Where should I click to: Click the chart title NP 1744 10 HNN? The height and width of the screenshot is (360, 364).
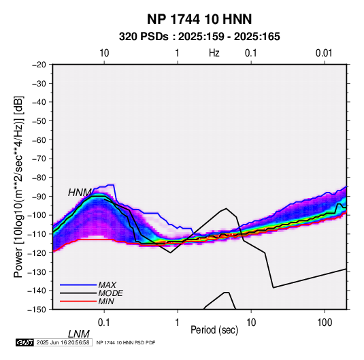(199, 19)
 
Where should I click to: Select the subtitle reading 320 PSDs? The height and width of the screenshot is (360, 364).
(144, 37)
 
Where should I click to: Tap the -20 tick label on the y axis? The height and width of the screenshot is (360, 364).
(39, 65)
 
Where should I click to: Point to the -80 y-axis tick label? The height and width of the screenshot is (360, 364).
(39, 178)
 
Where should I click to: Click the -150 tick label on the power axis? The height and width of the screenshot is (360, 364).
(37, 310)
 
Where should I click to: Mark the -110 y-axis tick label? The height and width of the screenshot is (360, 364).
(37, 234)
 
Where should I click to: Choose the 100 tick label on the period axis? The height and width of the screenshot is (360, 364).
(325, 323)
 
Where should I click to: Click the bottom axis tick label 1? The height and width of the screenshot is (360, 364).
(178, 323)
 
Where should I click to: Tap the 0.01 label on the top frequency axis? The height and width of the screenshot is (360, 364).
(324, 53)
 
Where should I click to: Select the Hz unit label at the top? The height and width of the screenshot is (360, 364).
(214, 53)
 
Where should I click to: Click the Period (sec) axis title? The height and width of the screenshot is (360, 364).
(214, 330)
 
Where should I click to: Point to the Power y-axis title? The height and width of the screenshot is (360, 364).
(18, 186)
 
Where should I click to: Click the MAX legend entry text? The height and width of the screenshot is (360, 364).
(107, 284)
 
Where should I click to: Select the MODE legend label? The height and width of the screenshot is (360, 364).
(110, 293)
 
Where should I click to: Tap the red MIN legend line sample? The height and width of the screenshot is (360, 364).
(78, 301)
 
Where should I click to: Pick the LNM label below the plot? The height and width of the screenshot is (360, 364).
(79, 334)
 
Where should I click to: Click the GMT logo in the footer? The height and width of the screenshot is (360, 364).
(24, 342)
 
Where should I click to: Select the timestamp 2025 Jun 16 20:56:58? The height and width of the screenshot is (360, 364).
(63, 342)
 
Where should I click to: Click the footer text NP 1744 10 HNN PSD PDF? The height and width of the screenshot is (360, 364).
(126, 343)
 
